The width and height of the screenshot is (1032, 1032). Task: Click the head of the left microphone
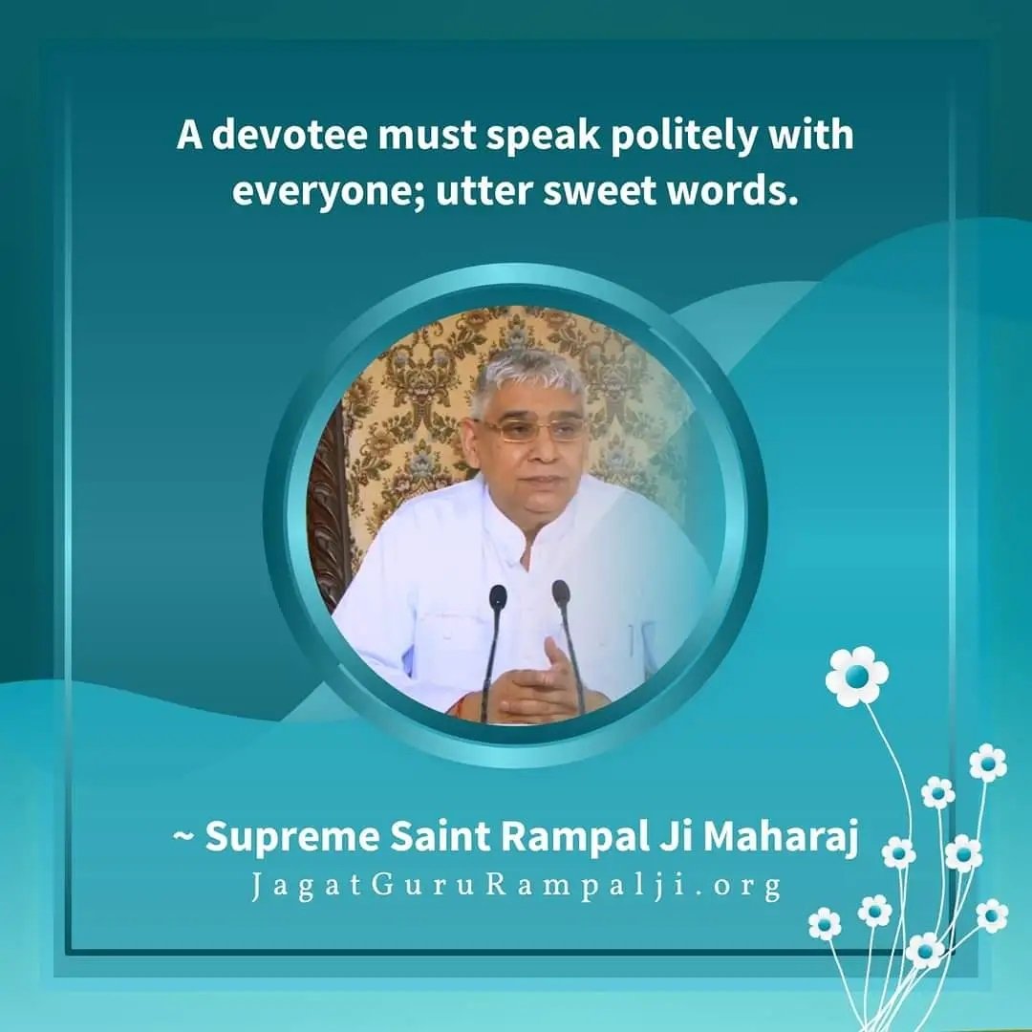[x=498, y=597]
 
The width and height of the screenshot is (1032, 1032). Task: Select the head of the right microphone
[x=561, y=591]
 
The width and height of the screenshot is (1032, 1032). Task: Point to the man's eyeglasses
[x=529, y=430]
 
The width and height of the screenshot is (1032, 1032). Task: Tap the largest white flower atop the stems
[x=856, y=676]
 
